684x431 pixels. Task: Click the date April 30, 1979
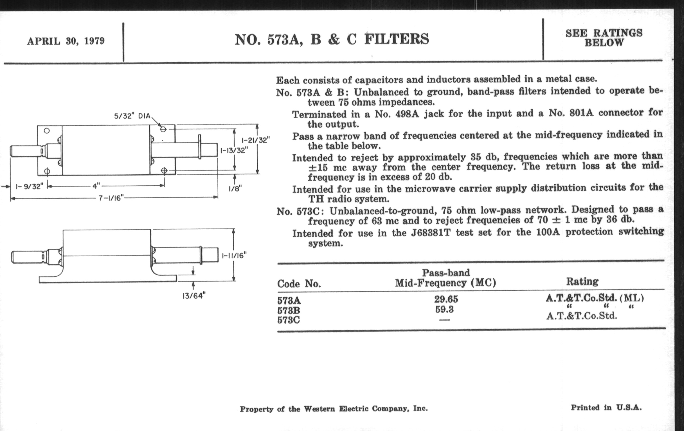[x=66, y=41]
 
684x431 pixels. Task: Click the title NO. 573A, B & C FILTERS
[x=332, y=39]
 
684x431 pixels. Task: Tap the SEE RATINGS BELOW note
[x=604, y=37]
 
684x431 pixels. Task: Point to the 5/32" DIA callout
[x=132, y=116]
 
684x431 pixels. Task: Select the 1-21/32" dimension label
[x=255, y=140]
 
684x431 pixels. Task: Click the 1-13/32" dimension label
[x=234, y=150]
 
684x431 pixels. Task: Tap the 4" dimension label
[x=96, y=186]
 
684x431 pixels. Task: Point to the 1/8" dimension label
[x=235, y=188]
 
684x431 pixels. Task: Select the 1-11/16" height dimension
[x=234, y=255]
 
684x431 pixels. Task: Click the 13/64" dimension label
[x=193, y=296]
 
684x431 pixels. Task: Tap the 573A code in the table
[x=289, y=300]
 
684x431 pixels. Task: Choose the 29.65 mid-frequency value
[x=446, y=299]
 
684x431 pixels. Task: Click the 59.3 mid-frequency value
[x=445, y=309]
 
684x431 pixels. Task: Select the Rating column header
[x=582, y=281]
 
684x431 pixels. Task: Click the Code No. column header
[x=299, y=284]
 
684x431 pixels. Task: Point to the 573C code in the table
[x=289, y=320]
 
